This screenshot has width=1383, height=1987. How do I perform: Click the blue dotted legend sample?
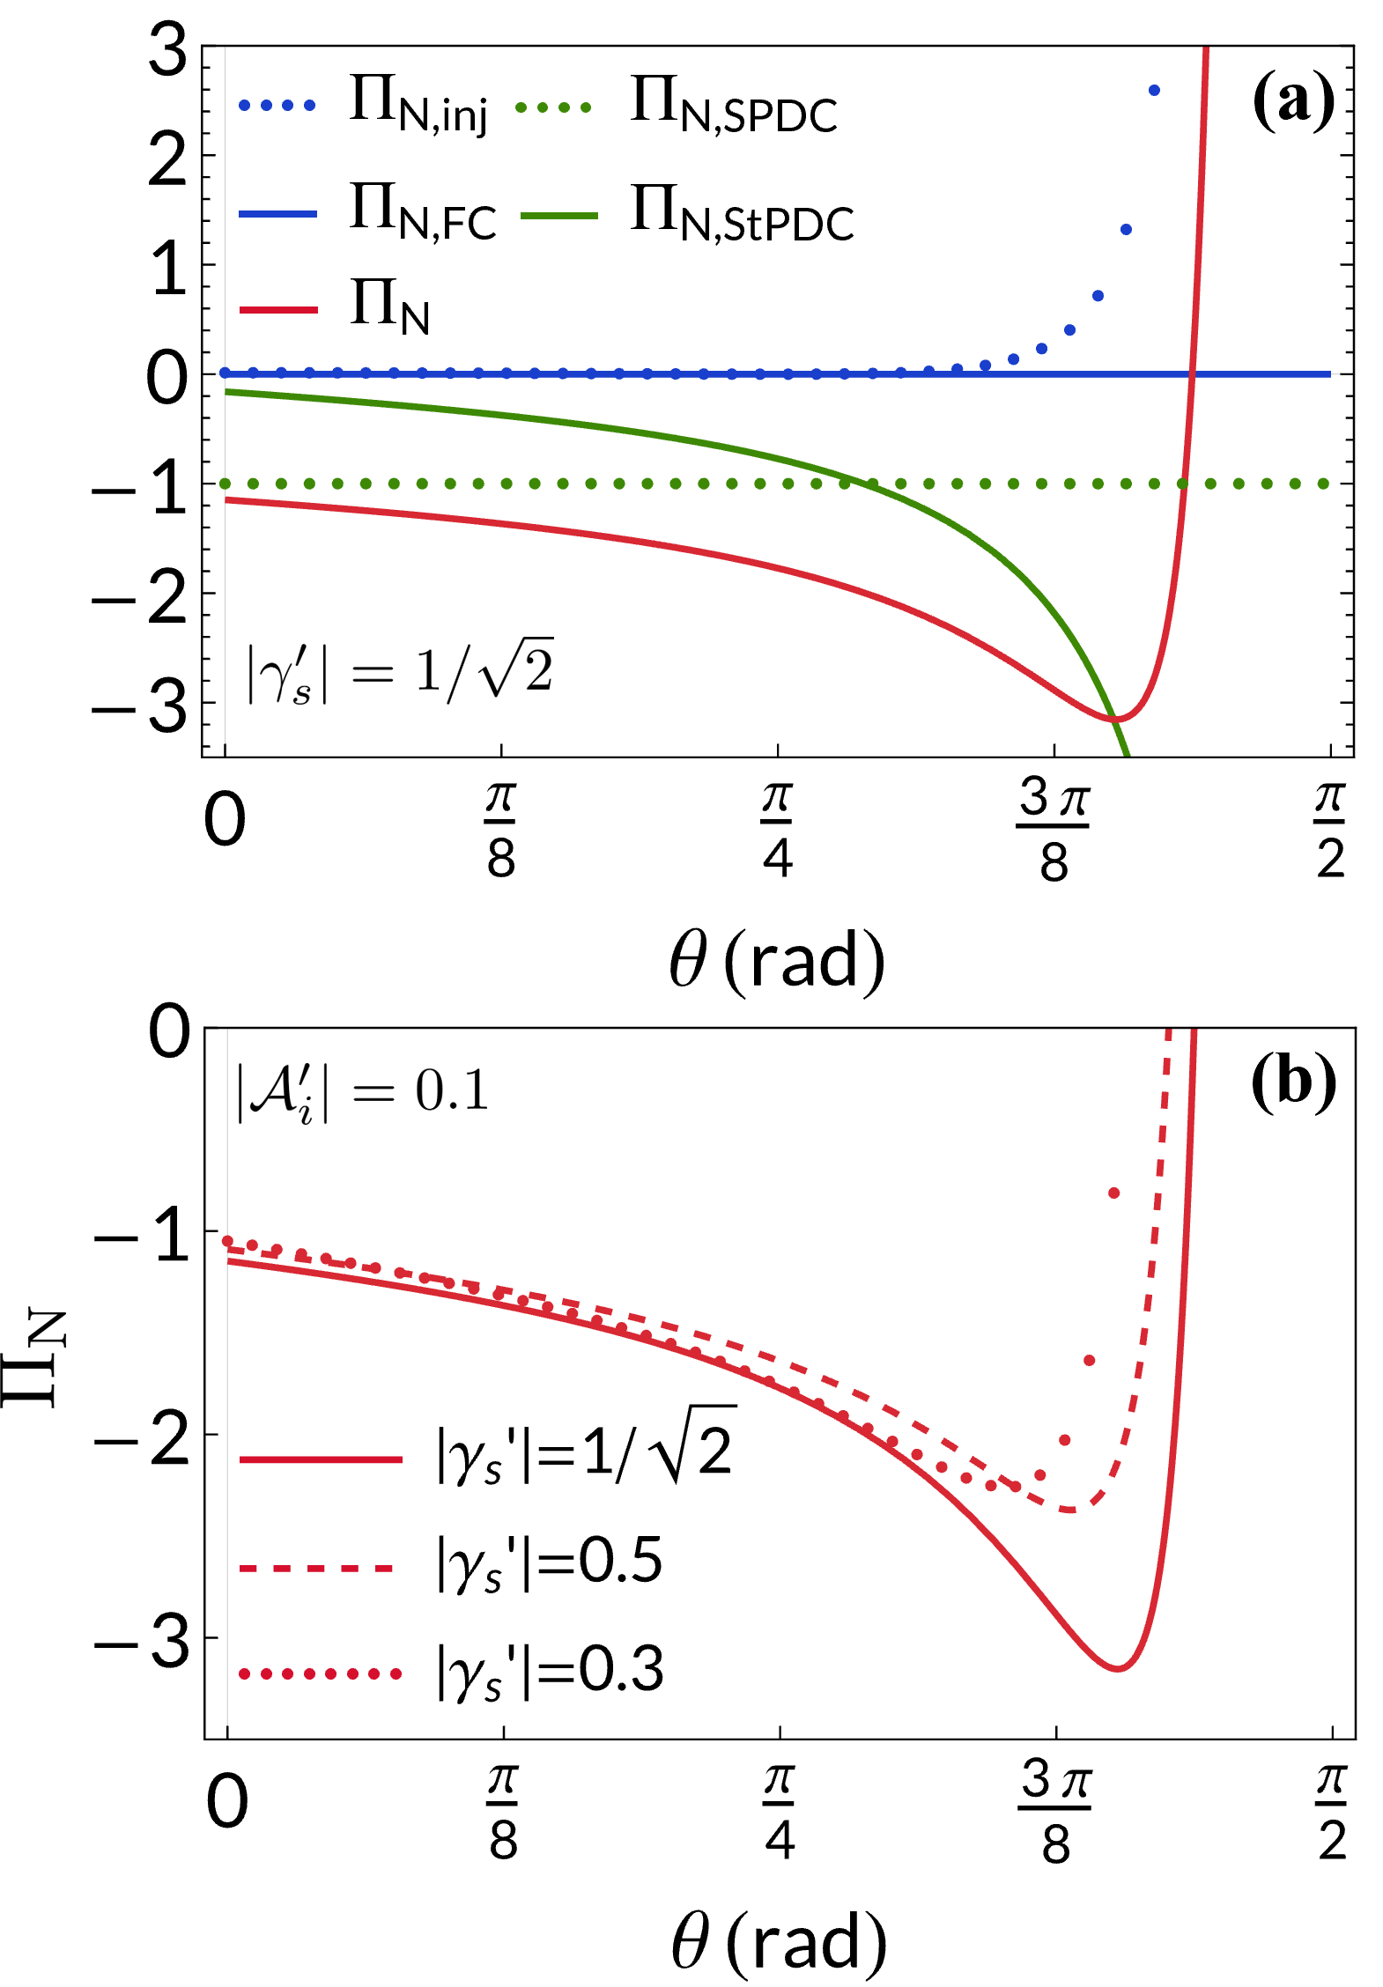[277, 106]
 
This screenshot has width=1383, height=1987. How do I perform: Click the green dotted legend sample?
[553, 107]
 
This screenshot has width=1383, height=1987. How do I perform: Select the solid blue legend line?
[277, 214]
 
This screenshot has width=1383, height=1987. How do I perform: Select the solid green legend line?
[558, 216]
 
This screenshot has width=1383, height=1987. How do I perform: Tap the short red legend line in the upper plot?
[278, 310]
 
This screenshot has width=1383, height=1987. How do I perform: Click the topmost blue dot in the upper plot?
[1154, 90]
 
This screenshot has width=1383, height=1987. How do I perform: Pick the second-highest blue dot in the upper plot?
[1126, 230]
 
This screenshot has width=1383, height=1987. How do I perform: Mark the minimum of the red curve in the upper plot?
[1115, 720]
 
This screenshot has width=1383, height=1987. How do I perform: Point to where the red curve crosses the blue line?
[1192, 374]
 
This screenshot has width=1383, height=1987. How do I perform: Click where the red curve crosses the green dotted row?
[1184, 484]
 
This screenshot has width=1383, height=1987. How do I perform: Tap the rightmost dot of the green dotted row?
[1323, 484]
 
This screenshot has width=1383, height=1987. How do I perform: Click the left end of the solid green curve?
[227, 392]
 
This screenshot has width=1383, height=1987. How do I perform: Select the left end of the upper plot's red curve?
[227, 500]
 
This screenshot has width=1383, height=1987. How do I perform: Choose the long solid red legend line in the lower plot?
[321, 1460]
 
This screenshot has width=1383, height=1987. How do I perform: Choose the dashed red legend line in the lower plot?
[317, 1569]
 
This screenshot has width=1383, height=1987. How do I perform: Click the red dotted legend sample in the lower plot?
[321, 1673]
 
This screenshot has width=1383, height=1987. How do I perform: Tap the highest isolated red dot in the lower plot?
[1113, 1193]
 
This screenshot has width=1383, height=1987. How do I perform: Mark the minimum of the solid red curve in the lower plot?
[1117, 1668]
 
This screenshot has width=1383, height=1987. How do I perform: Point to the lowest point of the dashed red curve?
[1069, 1511]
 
